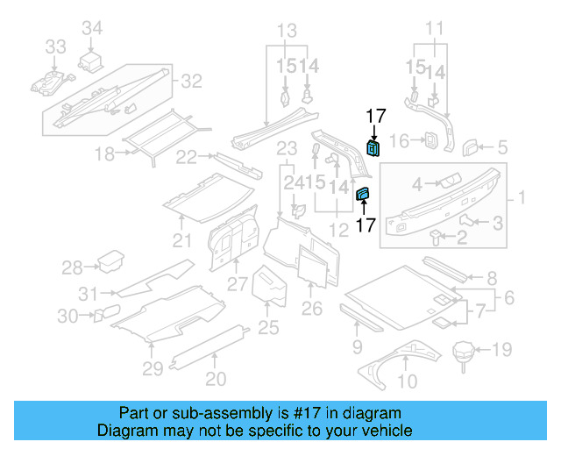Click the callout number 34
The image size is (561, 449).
92,30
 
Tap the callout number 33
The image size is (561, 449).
55,46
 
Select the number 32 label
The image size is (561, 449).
191,82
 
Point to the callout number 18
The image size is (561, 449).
105,154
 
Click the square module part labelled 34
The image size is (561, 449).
92,63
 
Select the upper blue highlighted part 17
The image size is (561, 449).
373,147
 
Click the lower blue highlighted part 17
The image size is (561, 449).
363,194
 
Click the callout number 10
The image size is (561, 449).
408,381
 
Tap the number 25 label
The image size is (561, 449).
268,327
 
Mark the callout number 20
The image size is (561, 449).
216,379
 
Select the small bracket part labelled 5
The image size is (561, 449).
470,145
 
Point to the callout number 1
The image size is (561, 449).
524,199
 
